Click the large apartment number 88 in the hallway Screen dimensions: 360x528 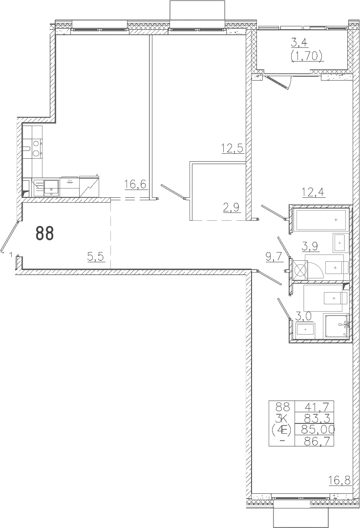pyautogui.click(x=45, y=233)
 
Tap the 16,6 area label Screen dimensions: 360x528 pyautogui.click(x=136, y=184)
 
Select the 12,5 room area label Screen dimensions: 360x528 pyautogui.click(x=233, y=148)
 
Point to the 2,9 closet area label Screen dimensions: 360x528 pyautogui.click(x=232, y=207)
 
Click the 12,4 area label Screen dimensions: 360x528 pyautogui.click(x=313, y=192)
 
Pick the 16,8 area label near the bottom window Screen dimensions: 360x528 pyautogui.click(x=339, y=480)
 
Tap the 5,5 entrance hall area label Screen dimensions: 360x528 pyautogui.click(x=96, y=257)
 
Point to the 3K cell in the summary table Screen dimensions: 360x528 pyautogui.click(x=282, y=418)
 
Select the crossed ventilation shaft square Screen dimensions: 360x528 pyautogui.click(x=300, y=270)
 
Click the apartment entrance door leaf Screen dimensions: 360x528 pyautogui.click(x=9, y=236)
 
